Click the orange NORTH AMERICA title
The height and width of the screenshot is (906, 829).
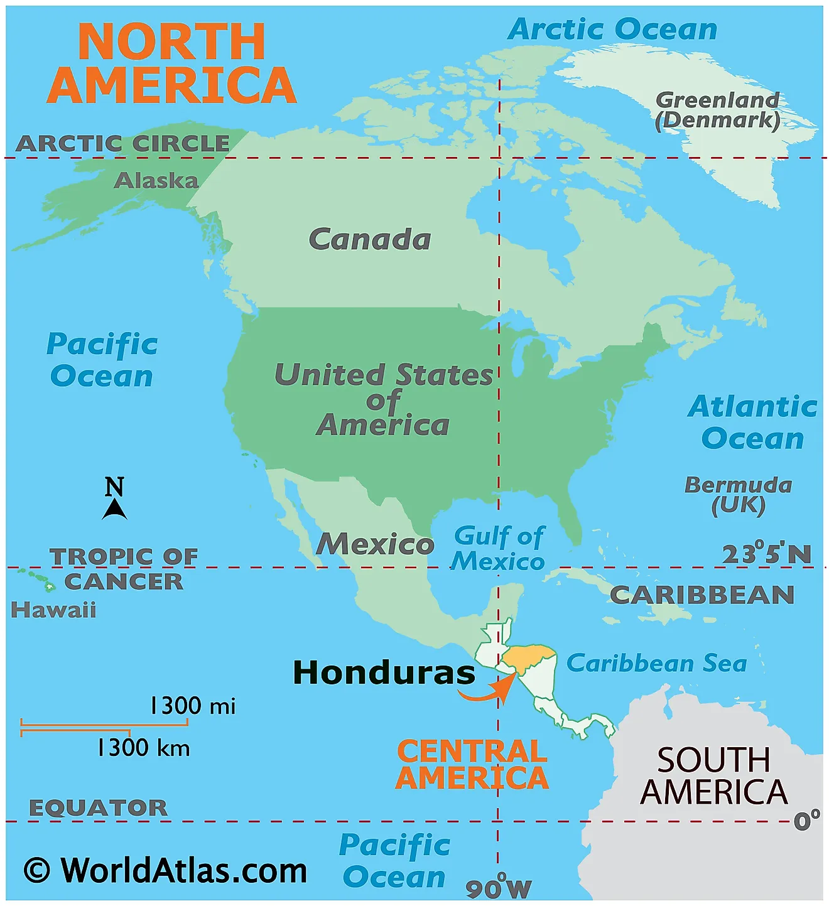click(x=171, y=63)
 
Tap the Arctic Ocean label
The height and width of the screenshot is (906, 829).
click(x=612, y=30)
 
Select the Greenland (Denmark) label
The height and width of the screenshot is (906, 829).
click(x=717, y=111)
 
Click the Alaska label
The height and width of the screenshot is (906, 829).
click(x=156, y=181)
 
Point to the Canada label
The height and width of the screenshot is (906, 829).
click(x=370, y=239)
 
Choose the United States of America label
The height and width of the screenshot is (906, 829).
click(x=384, y=400)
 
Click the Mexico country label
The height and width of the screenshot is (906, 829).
click(x=375, y=544)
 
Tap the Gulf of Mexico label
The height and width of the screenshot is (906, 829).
click(x=499, y=549)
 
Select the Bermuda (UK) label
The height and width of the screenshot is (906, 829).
click(x=738, y=495)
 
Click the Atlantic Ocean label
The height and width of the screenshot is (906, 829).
click(x=752, y=423)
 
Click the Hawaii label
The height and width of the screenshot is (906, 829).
click(x=53, y=610)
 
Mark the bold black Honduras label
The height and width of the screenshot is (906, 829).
click(x=384, y=673)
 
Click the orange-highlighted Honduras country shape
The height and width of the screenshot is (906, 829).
click(x=529, y=656)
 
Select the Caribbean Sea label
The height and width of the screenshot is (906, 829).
click(x=656, y=663)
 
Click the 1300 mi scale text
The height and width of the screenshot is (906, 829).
click(x=192, y=706)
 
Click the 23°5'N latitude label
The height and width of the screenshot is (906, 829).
click(x=766, y=554)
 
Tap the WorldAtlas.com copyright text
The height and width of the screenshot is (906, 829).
click(x=166, y=871)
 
